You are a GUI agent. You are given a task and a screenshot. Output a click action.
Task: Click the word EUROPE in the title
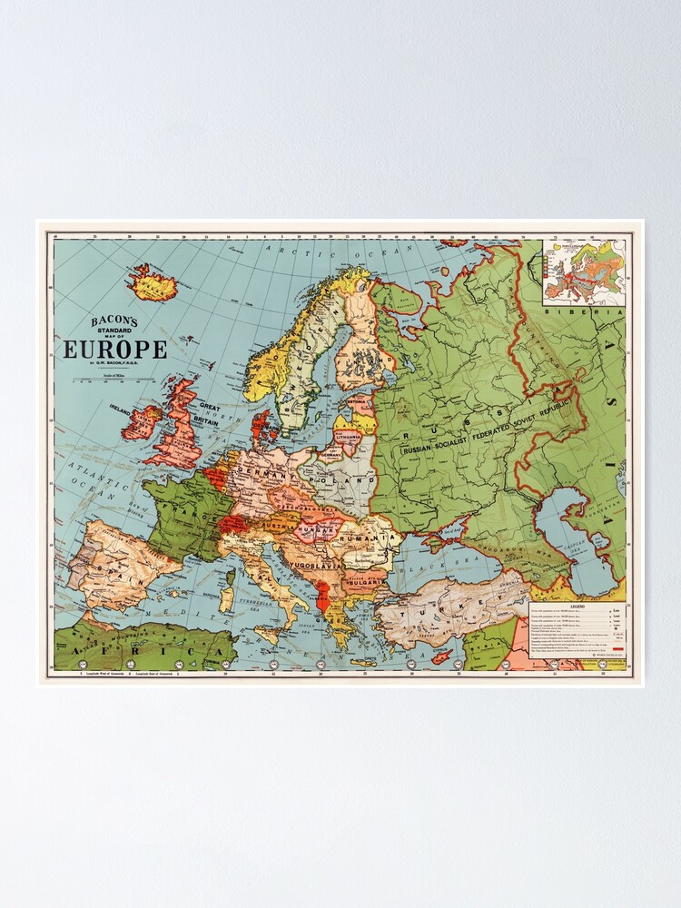pyautogui.click(x=114, y=350)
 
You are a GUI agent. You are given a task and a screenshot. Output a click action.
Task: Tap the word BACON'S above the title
pyautogui.click(x=113, y=321)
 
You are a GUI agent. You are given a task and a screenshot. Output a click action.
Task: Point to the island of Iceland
pyautogui.click(x=153, y=284)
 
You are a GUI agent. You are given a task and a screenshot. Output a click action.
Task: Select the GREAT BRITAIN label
pyautogui.click(x=210, y=413)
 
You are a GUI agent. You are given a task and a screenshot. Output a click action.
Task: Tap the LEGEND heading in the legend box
pyautogui.click(x=577, y=607)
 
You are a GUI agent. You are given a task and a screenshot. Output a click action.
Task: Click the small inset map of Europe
pyautogui.click(x=584, y=271)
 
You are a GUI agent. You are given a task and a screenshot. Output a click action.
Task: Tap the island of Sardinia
pyautogui.click(x=227, y=597)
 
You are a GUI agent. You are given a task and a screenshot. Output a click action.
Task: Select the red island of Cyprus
pyautogui.click(x=442, y=656)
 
